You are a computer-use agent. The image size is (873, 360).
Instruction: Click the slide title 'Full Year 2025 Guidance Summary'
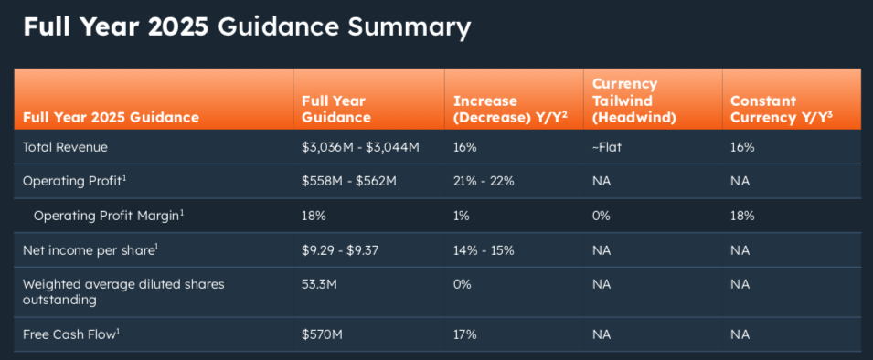pyautogui.click(x=247, y=26)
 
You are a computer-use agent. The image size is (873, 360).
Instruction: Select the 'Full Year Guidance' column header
pyautogui.click(x=336, y=109)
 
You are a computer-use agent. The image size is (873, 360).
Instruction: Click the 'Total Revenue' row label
pyautogui.click(x=66, y=146)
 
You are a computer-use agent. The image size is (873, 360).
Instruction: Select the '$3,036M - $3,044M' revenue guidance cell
pyautogui.click(x=360, y=146)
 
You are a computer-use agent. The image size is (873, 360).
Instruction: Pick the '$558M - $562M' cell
pyautogui.click(x=348, y=181)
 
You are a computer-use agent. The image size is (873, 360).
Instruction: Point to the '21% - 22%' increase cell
pyautogui.click(x=484, y=181)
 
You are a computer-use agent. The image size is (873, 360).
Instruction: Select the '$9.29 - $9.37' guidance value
pyautogui.click(x=341, y=249)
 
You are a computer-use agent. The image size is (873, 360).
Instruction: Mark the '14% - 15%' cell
pyautogui.click(x=484, y=249)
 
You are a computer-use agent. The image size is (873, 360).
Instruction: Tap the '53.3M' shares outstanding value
pyautogui.click(x=319, y=284)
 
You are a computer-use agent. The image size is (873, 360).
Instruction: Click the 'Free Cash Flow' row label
pyautogui.click(x=69, y=334)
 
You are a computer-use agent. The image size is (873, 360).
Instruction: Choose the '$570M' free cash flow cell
pyautogui.click(x=322, y=334)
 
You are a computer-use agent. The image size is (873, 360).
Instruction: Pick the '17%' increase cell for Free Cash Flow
pyautogui.click(x=464, y=334)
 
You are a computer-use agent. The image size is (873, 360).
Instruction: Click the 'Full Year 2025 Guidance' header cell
pyautogui.click(x=111, y=118)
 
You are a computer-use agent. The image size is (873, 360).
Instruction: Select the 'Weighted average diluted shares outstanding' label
pyautogui.click(x=122, y=291)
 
